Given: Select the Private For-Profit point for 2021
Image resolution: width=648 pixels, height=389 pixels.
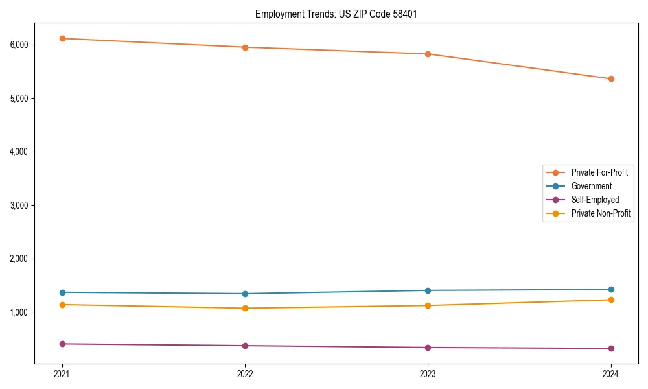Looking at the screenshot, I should (x=62, y=38).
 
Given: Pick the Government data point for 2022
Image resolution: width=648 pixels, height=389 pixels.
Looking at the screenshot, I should (x=245, y=294).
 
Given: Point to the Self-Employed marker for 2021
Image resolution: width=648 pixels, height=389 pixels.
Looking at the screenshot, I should (x=62, y=344).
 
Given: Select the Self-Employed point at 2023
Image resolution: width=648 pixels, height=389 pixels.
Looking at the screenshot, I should (x=428, y=348).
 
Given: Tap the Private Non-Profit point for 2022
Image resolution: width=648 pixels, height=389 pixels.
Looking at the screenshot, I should (x=245, y=308).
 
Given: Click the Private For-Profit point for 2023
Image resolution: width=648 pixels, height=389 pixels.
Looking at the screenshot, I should (x=428, y=54).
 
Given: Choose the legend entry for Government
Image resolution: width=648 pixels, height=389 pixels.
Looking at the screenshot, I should (x=591, y=186).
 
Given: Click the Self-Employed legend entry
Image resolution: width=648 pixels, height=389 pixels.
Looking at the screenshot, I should (x=595, y=200).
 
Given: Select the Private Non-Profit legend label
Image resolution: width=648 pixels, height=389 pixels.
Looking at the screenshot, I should (x=601, y=213).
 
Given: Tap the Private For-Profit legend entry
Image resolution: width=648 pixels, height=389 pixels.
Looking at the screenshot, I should (x=599, y=172).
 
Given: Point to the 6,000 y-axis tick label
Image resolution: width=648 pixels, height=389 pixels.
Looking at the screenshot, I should (x=19, y=45).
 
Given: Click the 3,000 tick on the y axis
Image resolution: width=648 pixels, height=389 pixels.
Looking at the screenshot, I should (x=19, y=205).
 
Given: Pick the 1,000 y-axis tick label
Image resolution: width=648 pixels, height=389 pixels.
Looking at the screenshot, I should (x=19, y=312).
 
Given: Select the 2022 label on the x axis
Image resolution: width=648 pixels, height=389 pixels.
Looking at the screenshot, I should (x=245, y=373).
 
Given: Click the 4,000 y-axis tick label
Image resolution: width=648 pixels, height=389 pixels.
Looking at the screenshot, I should (x=19, y=152).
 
